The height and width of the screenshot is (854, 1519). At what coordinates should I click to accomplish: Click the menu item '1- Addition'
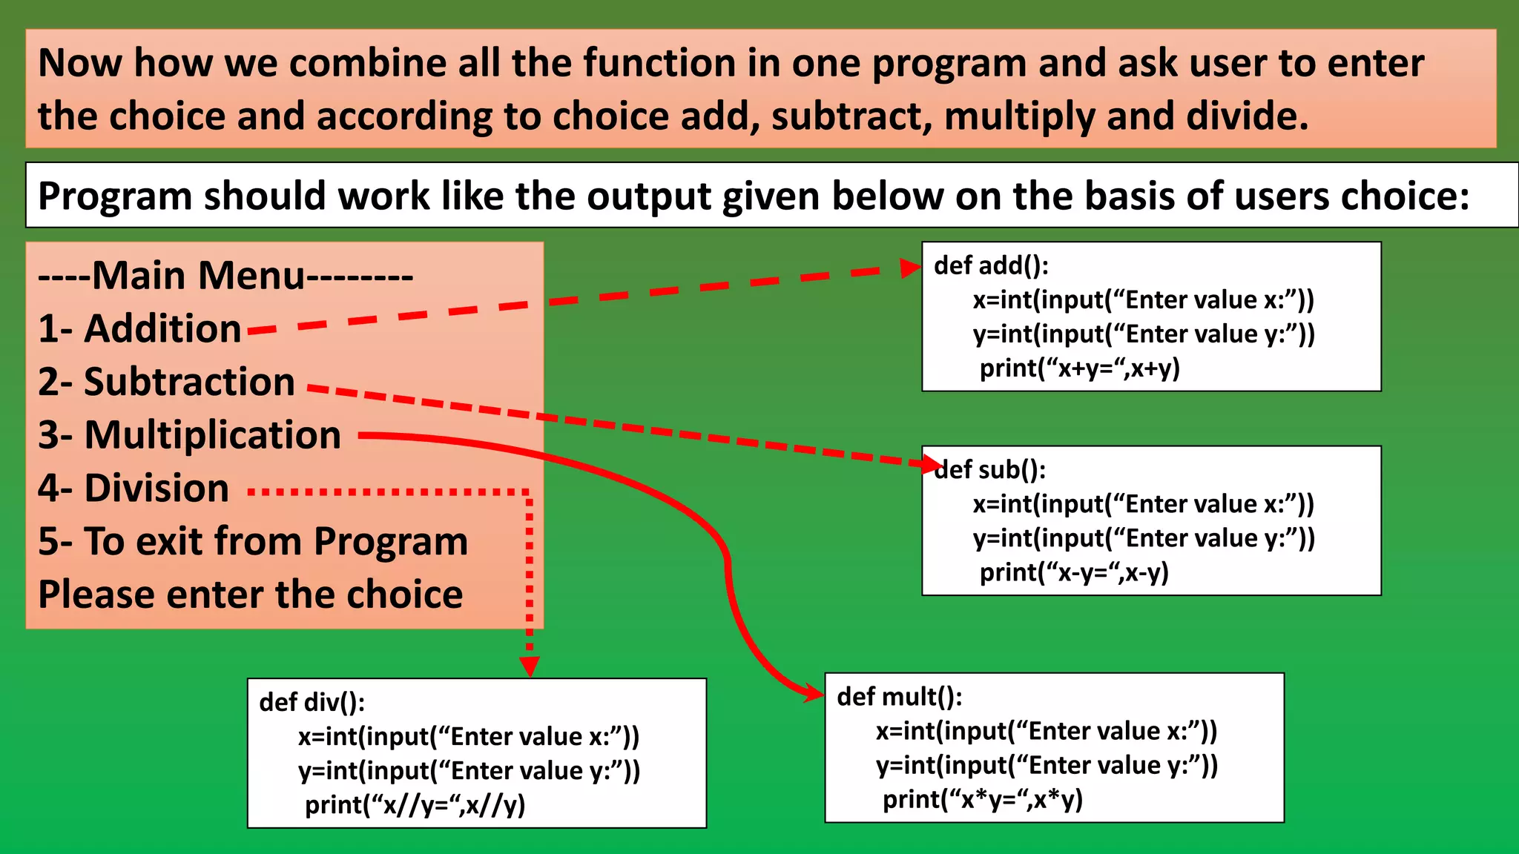pos(139,328)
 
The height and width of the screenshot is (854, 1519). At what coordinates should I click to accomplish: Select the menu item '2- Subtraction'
pos(166,382)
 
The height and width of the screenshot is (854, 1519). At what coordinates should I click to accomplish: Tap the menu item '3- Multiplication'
pos(189,435)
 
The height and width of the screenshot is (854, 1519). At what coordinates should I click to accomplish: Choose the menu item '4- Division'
pos(134,489)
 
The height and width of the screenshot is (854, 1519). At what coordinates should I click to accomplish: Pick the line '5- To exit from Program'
pos(253,541)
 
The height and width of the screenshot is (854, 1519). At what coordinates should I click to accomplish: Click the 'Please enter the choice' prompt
pos(251,595)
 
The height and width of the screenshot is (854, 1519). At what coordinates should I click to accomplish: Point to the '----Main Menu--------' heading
pos(225,276)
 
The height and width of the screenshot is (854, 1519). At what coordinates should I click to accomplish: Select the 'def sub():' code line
pos(991,470)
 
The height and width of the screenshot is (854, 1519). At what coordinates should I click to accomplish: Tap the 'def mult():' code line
pos(899,697)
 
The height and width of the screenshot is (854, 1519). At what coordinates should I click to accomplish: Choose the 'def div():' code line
pos(312,702)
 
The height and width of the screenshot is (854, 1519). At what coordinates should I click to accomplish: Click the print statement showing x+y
pos(1079,368)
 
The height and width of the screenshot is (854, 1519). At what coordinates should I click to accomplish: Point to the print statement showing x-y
pos(1074,572)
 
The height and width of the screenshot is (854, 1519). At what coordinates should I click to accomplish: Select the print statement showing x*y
pos(982,800)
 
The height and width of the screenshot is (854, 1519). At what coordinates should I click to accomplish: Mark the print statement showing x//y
pos(415,805)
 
